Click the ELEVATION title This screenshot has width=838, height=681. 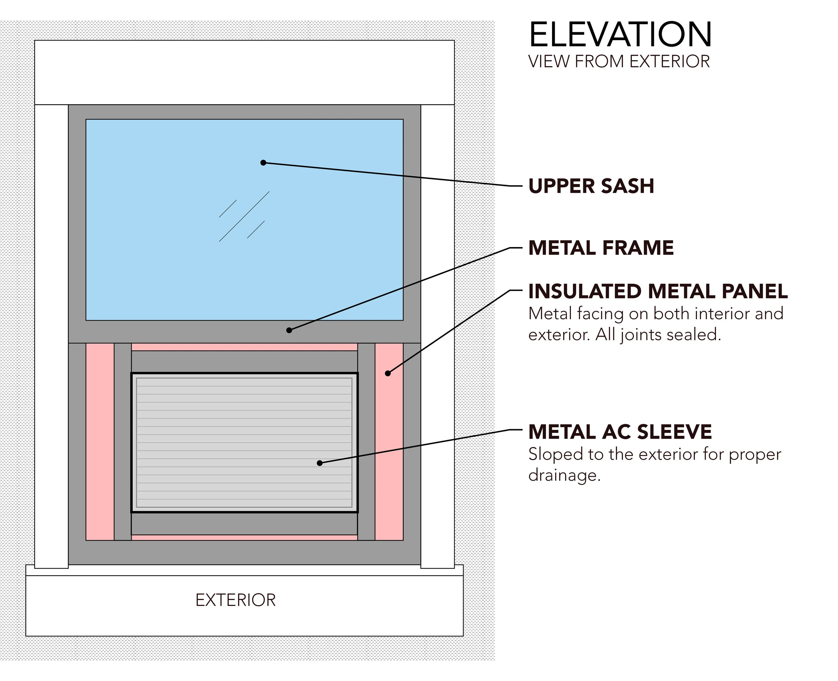pyautogui.click(x=620, y=35)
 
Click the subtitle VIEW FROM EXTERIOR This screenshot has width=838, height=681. pyautogui.click(x=618, y=62)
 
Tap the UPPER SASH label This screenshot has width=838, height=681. pyautogui.click(x=591, y=186)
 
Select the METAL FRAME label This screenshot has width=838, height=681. pyautogui.click(x=601, y=248)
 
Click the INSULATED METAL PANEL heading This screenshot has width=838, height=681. pyautogui.click(x=658, y=291)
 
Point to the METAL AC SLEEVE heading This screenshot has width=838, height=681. pyautogui.click(x=619, y=432)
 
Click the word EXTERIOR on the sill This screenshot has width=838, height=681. pyautogui.click(x=235, y=600)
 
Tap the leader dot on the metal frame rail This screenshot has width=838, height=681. pyautogui.click(x=289, y=330)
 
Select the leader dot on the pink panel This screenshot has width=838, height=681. pyautogui.click(x=388, y=374)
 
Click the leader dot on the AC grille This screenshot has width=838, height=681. pyautogui.click(x=319, y=463)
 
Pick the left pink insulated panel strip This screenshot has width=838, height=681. pyautogui.click(x=100, y=441)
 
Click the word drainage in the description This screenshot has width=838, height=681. pyautogui.click(x=564, y=475)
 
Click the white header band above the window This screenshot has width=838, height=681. pyautogui.click(x=244, y=72)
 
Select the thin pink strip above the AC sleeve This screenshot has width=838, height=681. pyautogui.click(x=244, y=347)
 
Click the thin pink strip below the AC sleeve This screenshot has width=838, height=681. pyautogui.click(x=244, y=537)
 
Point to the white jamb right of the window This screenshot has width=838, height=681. pyautogui.click(x=437, y=333)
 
